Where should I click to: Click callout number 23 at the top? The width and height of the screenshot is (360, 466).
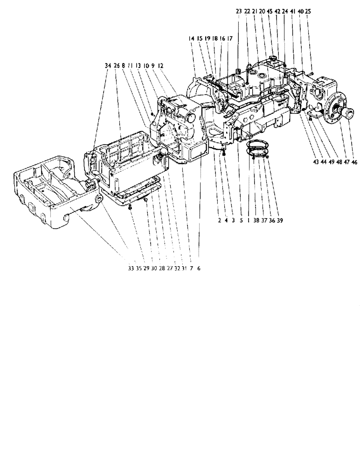coord(238,11)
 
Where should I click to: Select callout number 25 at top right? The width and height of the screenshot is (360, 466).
coord(308,11)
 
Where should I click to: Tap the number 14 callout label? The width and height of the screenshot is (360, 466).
coord(192,41)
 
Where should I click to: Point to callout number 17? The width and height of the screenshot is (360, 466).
coord(230,41)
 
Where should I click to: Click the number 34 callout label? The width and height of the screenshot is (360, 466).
coord(108,67)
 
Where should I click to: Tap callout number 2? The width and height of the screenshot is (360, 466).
coord(219,222)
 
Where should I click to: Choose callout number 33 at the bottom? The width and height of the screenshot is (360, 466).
coord(130,269)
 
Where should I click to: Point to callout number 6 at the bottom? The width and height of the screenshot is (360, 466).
coord(198,269)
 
